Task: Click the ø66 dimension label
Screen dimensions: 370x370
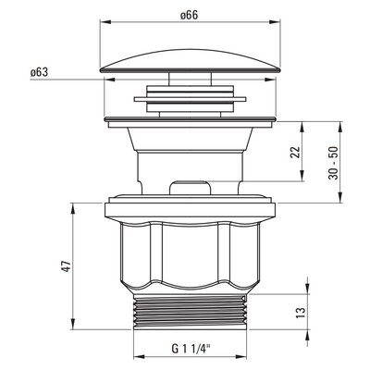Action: (190, 15)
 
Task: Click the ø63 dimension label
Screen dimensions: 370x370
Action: (39, 72)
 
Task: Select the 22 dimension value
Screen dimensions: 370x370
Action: (295, 152)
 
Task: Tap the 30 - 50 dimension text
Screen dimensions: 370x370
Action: (333, 163)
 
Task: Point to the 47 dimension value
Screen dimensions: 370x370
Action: (67, 266)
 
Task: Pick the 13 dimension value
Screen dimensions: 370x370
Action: (302, 313)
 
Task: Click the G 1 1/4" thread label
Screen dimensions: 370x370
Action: (191, 349)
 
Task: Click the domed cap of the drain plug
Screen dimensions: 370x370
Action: (191, 60)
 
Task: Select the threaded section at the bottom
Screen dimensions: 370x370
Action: (191, 312)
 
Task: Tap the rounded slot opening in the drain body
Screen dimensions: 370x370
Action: (191, 188)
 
